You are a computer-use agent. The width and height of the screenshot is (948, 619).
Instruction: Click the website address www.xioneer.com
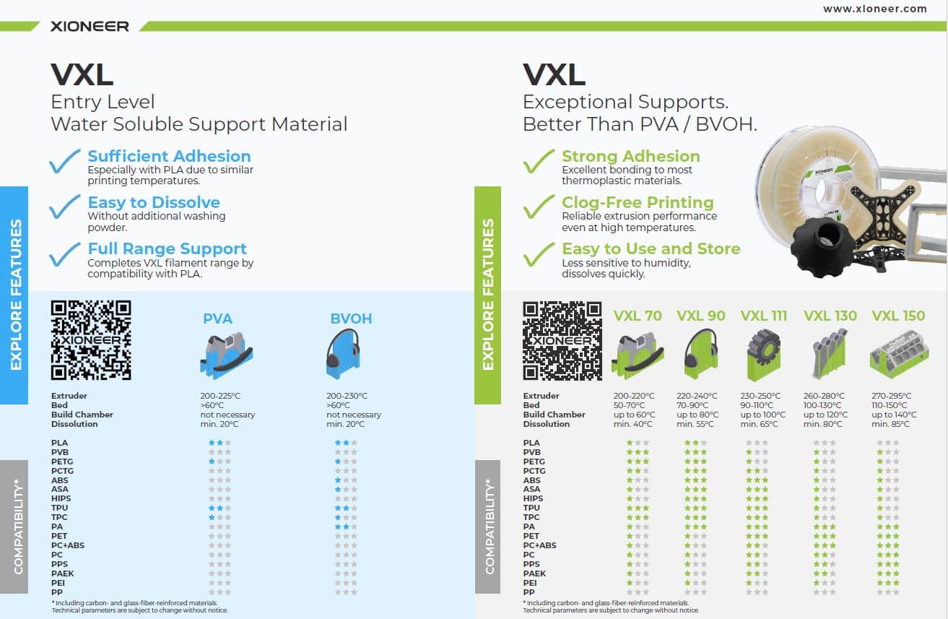coord(875,9)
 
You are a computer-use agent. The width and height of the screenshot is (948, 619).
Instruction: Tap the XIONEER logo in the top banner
coord(90,26)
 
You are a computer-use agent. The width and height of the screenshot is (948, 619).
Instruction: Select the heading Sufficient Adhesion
coord(169,156)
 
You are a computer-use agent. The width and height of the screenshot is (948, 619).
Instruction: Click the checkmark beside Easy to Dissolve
coord(65,207)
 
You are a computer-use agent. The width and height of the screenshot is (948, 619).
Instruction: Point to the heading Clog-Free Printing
coord(638,202)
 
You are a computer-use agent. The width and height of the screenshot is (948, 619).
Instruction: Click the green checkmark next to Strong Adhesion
coord(539,161)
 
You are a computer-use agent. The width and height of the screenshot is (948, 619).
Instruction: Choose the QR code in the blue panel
coord(91,340)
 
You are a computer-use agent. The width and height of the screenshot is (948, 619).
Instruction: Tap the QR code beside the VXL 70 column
coord(562,340)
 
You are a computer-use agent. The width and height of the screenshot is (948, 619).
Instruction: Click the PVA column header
coord(217,319)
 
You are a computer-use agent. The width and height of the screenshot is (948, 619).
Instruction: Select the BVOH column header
coord(351,319)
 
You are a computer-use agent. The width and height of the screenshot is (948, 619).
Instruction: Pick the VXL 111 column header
coord(763,316)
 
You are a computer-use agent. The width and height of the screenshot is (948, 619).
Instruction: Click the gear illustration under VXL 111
coord(763,355)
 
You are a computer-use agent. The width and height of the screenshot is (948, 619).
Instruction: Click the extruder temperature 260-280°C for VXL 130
coord(824,396)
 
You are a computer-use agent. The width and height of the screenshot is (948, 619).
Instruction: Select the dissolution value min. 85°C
coord(890,424)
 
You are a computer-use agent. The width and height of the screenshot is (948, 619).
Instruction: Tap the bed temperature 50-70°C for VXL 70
coord(630,405)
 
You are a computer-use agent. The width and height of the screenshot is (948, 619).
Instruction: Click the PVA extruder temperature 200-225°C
coord(220,396)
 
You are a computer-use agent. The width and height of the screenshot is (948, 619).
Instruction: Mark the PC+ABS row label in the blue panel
coord(68,545)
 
